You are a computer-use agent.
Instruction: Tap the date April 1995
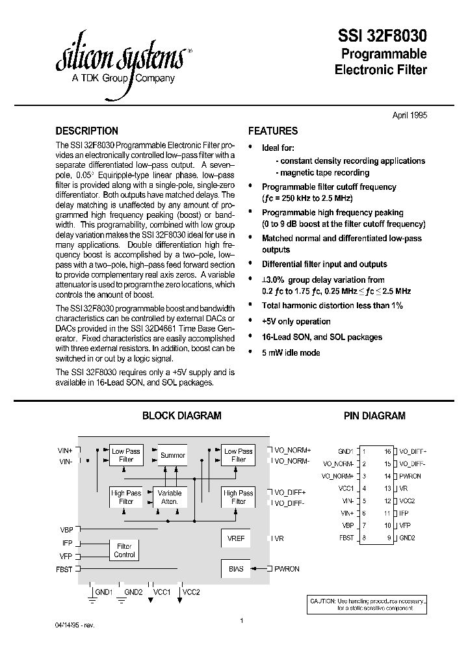(410, 114)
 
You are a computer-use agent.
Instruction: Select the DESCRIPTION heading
(87, 131)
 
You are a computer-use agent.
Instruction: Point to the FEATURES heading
(273, 131)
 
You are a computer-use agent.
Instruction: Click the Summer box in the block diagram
(173, 455)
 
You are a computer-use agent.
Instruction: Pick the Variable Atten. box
(170, 497)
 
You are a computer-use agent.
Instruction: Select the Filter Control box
(124, 551)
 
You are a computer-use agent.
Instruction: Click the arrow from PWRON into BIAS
(260, 569)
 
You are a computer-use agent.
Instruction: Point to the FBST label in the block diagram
(65, 569)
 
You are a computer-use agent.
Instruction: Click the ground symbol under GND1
(91, 601)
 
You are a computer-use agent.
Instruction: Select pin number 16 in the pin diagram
(387, 451)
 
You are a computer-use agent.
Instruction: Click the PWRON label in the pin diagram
(410, 476)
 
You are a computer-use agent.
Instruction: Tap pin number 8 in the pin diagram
(364, 538)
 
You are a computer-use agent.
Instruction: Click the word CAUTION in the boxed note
(323, 601)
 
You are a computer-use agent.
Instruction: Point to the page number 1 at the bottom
(241, 622)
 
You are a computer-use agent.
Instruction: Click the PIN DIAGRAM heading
(374, 415)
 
